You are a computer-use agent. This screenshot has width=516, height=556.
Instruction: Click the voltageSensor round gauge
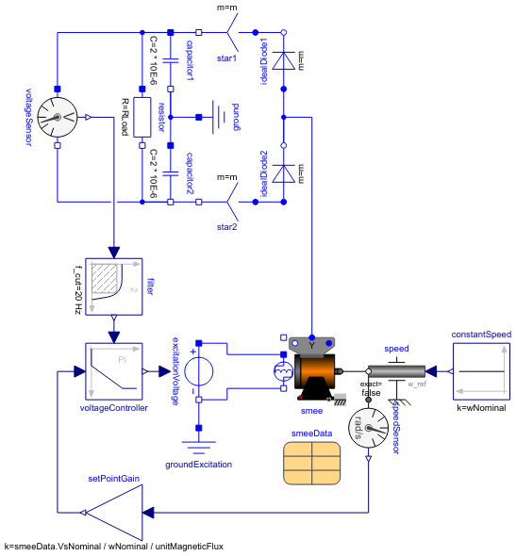(x=58, y=118)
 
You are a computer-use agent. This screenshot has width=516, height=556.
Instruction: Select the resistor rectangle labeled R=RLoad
(x=142, y=118)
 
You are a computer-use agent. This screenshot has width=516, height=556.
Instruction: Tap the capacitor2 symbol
(x=171, y=173)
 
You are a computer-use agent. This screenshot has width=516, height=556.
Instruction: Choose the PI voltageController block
(x=113, y=371)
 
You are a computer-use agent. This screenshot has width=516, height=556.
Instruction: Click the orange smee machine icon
(x=312, y=373)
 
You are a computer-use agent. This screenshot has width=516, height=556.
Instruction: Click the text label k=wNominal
(x=480, y=408)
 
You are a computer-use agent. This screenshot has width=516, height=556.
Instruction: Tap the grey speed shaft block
(x=396, y=371)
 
